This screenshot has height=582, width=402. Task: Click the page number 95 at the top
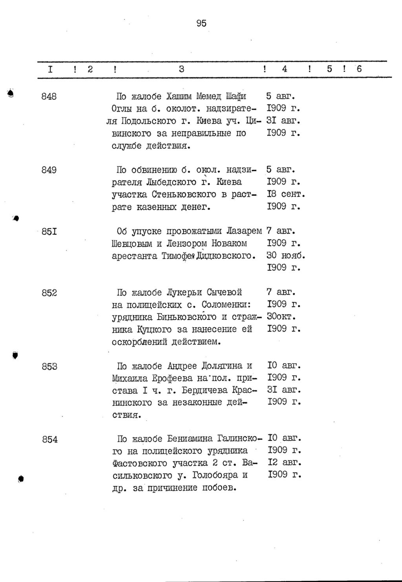pyautogui.click(x=201, y=23)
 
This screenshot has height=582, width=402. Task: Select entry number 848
pyautogui.click(x=49, y=96)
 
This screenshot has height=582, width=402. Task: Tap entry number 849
pyautogui.click(x=49, y=170)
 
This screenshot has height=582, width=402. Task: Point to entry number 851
pyautogui.click(x=49, y=231)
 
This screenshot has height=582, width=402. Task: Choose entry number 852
pyautogui.click(x=49, y=292)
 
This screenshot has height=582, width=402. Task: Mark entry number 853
pyautogui.click(x=50, y=366)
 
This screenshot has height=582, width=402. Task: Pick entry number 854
pyautogui.click(x=50, y=439)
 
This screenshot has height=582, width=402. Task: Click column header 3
pyautogui.click(x=181, y=69)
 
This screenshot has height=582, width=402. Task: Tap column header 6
pyautogui.click(x=359, y=69)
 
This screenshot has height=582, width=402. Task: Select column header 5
pyautogui.click(x=329, y=69)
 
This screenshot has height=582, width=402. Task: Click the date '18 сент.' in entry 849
pyautogui.click(x=286, y=194)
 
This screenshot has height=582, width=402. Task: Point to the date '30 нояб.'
pyautogui.click(x=286, y=256)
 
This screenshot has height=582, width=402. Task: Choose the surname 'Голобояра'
pyautogui.click(x=216, y=475)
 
